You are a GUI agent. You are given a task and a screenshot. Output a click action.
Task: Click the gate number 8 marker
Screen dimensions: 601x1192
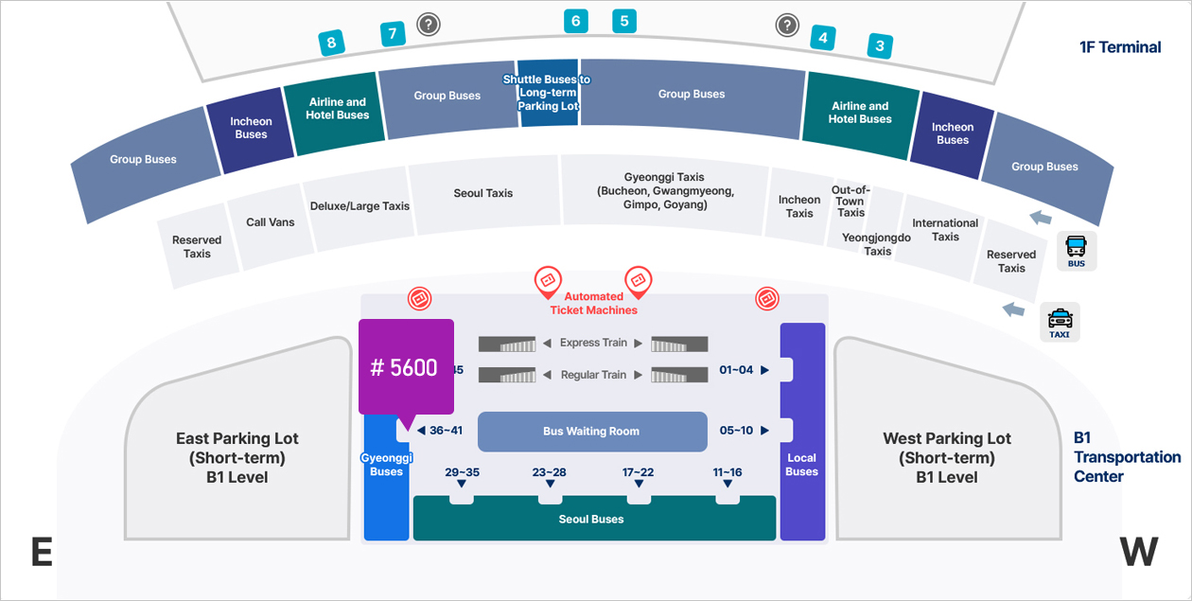pos(331,43)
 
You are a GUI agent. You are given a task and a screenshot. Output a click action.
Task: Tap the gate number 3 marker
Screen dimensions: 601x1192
pos(880,44)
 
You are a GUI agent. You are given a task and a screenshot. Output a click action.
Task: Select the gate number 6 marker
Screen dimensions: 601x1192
pos(575,21)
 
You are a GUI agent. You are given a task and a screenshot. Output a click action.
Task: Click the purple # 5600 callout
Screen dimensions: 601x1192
pos(406,367)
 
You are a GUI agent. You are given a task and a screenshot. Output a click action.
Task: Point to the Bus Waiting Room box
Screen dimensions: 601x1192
pos(592,432)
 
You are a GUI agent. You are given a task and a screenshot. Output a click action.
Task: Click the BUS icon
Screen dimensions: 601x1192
pos(1077,251)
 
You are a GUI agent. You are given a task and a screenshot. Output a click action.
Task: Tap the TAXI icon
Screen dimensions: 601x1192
pos(1060,322)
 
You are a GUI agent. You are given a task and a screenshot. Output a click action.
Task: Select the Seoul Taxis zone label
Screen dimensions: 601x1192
pos(483,193)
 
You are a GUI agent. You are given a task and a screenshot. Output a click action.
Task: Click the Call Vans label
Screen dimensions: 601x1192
pos(271,222)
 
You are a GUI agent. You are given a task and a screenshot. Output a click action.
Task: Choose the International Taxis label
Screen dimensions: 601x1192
pos(945,230)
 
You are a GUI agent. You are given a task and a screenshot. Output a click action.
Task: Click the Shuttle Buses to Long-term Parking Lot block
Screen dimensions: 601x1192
pos(547,93)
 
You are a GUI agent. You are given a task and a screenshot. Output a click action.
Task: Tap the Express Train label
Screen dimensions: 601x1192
pos(593,343)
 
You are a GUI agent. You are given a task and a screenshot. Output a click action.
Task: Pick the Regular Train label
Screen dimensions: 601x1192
pos(593,375)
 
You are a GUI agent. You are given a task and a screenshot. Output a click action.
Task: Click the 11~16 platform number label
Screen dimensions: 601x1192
pos(727,472)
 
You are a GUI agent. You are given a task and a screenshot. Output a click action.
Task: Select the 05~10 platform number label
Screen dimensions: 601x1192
pos(736,431)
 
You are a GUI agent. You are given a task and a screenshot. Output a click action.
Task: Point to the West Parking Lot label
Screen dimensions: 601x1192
pos(947,458)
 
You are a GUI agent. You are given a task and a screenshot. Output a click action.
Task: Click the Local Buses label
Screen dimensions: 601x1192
pos(801,465)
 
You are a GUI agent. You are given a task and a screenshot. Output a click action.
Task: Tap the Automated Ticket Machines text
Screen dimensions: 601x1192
pos(593,303)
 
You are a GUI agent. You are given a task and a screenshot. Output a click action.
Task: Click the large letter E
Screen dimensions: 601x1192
pos(41,553)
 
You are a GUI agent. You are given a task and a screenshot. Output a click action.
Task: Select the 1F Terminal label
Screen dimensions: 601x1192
pos(1120,47)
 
